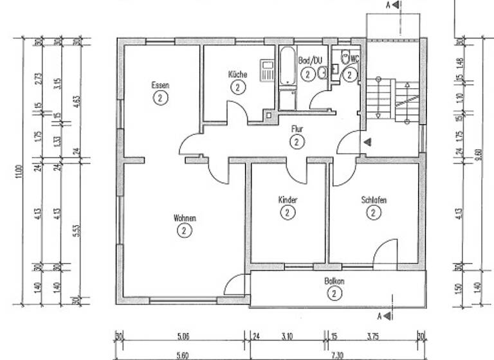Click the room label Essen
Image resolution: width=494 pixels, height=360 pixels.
(160, 85)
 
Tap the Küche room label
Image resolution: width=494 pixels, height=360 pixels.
(237, 75)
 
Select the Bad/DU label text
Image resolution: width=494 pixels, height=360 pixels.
(309, 61)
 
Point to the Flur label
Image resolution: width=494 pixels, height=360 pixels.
(296, 129)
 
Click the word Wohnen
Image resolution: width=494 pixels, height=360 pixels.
(185, 218)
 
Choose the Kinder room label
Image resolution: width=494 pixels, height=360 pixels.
(288, 200)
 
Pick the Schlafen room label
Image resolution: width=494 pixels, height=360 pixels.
(373, 200)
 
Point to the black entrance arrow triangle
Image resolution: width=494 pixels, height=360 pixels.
(367, 141)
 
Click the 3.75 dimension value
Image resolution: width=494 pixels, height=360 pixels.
(374, 335)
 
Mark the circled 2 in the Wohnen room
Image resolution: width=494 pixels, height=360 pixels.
(185, 230)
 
